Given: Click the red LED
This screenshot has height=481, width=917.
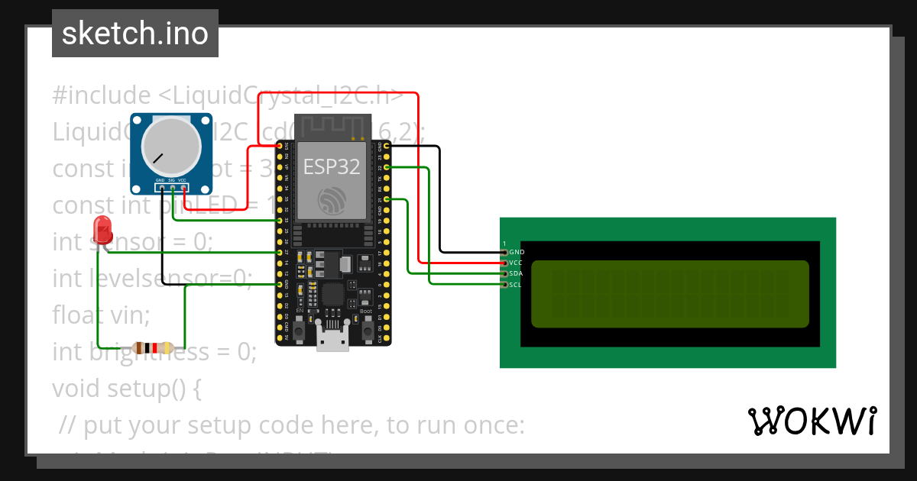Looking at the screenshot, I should point(102,228).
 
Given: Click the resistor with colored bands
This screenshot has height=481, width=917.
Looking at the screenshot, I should point(154,348).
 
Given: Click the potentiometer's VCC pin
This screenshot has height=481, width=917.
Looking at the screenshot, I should point(184,188).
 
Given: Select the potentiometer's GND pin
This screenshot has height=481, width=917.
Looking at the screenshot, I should point(161,188).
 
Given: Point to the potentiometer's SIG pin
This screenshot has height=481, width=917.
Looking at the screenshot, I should point(173,188).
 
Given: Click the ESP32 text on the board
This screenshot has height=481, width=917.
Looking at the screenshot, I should point(331,166).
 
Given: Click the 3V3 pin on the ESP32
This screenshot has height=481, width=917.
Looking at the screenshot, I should point(277,145).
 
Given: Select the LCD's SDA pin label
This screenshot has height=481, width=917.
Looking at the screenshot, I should point(516,273).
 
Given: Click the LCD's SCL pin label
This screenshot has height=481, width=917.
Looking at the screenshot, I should point(516,284).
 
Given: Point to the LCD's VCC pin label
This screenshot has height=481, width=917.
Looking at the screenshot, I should point(516,263).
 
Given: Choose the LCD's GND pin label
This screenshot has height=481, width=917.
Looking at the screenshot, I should point(517,252).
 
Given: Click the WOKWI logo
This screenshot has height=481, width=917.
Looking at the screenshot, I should point(812,421).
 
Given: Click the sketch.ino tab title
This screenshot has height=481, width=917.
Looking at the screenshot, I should point(135,34).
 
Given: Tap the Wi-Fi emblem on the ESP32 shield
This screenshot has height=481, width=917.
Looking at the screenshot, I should point(332,201).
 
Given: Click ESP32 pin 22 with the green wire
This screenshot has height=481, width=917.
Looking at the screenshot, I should point(388,166).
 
